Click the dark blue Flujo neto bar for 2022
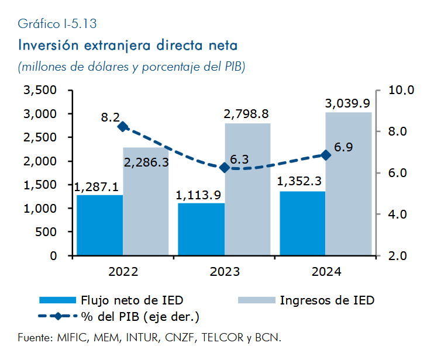click(100, 225)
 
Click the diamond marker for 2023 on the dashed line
click(224, 168)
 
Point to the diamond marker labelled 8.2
click(123, 127)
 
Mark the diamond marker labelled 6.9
click(326, 155)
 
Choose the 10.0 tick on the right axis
click(401, 90)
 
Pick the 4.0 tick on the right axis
click(401, 214)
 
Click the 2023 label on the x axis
click(224, 271)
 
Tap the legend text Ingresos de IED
click(327, 300)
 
